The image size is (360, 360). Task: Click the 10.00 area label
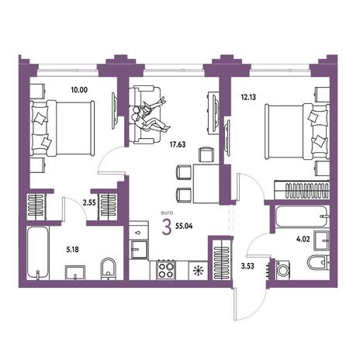(79, 90)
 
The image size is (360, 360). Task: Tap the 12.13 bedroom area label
(248, 97)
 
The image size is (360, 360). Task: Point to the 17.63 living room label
(178, 144)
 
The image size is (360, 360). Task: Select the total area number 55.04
(184, 226)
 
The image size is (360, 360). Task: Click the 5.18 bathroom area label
(72, 250)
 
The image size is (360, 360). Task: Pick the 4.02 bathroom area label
(303, 239)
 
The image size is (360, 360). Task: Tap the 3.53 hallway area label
(247, 266)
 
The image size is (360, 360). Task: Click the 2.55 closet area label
(89, 202)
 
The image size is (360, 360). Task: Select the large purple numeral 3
(167, 227)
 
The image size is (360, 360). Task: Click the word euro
(167, 213)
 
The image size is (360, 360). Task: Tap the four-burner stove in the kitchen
(166, 270)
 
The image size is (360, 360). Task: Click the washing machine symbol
(282, 271)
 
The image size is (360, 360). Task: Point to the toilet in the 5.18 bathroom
(109, 269)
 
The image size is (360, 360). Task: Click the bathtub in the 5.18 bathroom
(38, 253)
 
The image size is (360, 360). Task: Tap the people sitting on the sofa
(151, 115)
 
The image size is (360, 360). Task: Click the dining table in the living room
(206, 183)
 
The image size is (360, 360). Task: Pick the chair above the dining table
(206, 154)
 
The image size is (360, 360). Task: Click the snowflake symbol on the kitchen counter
(199, 271)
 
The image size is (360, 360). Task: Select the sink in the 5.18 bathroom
(75, 272)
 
